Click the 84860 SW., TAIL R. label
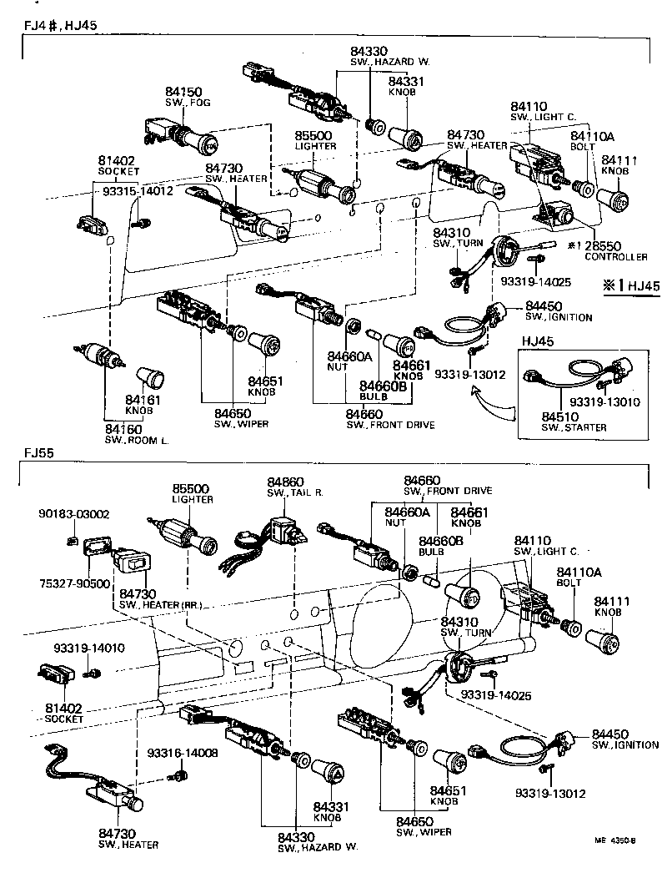[x=285, y=487]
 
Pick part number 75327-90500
[x=74, y=583]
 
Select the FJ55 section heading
[x=39, y=454]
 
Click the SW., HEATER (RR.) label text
[x=161, y=603]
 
